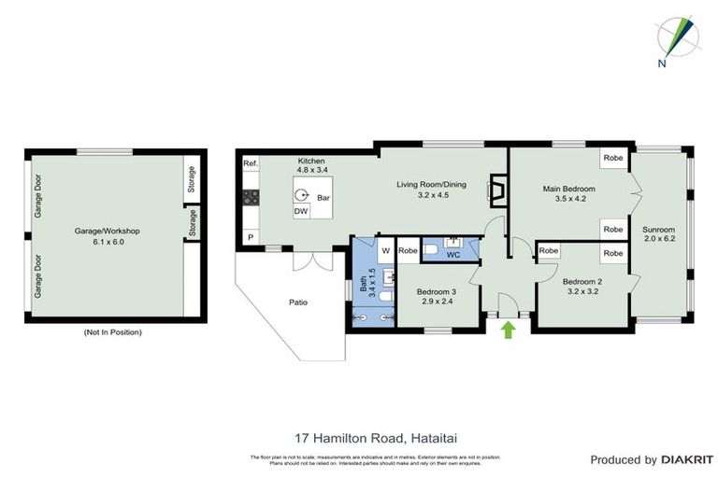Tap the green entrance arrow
coord(509,330)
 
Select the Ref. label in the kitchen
coord(250,164)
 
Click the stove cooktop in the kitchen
coord(251,197)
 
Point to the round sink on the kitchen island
coord(302,195)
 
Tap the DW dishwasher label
coord(300,212)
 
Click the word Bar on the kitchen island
coord(323,198)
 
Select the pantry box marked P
coord(250,238)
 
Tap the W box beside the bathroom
coord(385,250)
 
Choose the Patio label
coord(297,302)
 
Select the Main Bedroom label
coord(568,193)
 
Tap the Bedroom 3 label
coord(437,296)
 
